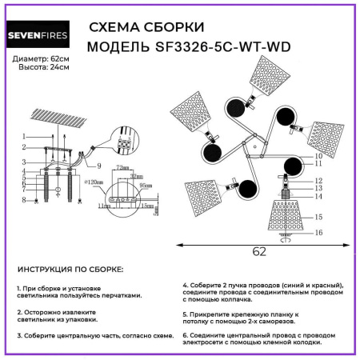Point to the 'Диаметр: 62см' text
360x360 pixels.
tap(42, 60)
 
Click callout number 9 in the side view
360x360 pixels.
tap(99, 166)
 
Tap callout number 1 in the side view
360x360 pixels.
tap(25, 137)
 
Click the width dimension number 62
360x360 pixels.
tap(258, 251)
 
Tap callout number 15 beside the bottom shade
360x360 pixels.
tap(318, 217)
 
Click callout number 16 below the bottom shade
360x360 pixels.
tap(318, 234)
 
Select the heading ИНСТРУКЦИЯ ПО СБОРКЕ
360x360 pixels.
tap(70, 270)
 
